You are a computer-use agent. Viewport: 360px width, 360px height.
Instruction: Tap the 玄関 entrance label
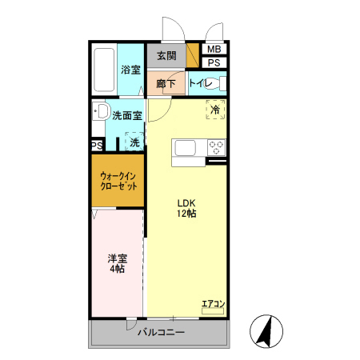[166, 56]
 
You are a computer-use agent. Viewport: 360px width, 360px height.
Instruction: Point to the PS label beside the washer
[96, 146]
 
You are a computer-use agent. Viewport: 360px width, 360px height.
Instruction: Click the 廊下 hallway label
[166, 83]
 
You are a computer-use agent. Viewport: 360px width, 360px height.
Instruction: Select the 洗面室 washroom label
[127, 115]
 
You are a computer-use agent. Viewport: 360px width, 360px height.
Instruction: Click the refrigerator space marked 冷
[214, 110]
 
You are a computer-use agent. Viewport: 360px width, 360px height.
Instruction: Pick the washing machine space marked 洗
[134, 142]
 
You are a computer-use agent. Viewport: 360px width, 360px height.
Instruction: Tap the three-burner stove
[216, 147]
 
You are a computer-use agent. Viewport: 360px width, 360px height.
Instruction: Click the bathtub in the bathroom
[104, 70]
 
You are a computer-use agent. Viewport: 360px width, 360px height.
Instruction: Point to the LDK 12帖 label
[187, 208]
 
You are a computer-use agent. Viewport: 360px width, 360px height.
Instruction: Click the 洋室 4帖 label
[118, 264]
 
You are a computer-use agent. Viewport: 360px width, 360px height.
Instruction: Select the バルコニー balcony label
[160, 332]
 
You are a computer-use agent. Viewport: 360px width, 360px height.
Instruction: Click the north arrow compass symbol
[266, 330]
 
